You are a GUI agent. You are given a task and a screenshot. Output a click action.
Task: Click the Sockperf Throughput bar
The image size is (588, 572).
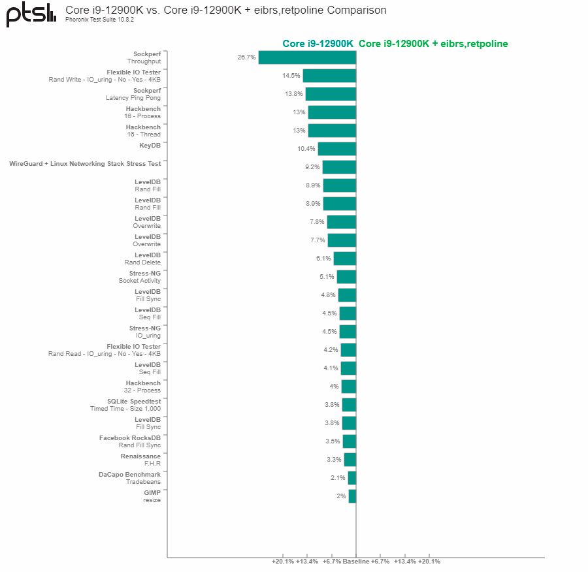coord(307,57)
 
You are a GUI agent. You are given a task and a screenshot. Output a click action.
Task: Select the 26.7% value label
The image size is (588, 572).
coord(246,57)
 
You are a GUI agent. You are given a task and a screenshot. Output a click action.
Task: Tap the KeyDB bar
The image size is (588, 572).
coord(336,149)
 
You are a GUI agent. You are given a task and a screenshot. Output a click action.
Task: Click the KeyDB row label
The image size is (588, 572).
coord(150,146)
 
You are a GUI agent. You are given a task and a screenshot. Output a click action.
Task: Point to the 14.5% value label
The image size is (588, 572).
coord(291,76)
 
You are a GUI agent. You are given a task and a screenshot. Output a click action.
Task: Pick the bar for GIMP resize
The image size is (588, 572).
coord(352,496)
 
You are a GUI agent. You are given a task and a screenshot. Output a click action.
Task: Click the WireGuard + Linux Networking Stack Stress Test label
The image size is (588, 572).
coord(85,164)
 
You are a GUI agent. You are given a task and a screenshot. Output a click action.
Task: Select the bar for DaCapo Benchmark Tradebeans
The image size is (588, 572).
coord(351,478)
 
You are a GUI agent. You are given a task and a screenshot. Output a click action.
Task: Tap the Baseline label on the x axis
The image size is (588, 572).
coord(355,561)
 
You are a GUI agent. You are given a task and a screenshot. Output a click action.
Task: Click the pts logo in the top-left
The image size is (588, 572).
coord(31,14)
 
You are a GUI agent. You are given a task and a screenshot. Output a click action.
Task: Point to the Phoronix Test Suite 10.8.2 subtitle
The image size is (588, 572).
coord(99,20)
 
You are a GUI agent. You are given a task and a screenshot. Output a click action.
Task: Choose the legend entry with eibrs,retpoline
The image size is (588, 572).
coord(433,44)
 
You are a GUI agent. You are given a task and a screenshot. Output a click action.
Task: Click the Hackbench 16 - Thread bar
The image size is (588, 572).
coord(332,131)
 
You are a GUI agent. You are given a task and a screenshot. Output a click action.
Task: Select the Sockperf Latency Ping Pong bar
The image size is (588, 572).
coord(331,94)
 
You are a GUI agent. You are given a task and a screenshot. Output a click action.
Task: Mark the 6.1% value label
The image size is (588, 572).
coord(323,259)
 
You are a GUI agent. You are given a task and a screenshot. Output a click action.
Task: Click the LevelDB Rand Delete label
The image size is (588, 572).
coord(142,259)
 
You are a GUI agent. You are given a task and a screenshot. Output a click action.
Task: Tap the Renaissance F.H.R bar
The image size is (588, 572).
coord(350,460)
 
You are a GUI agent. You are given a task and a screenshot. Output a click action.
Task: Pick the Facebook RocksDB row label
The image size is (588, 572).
coord(130,438)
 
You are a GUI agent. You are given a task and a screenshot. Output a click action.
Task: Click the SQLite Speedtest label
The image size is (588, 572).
coord(134,402)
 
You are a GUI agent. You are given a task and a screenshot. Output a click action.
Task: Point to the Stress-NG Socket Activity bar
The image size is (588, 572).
coord(346,277)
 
